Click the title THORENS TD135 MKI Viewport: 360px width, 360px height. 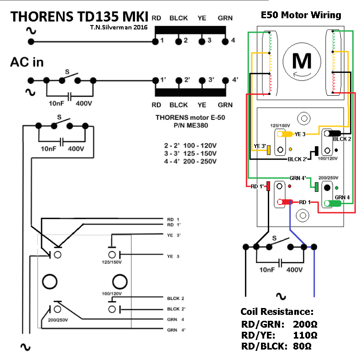[79, 16]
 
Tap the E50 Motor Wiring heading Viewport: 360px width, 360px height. [301, 15]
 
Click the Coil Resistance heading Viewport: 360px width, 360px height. [277, 312]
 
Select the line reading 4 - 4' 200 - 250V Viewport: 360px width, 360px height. [190, 161]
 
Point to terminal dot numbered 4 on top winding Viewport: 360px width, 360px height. [225, 41]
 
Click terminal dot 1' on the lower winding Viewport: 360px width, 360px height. [155, 80]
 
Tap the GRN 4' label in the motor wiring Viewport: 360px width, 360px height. [300, 178]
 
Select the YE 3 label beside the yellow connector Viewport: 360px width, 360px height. [300, 134]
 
